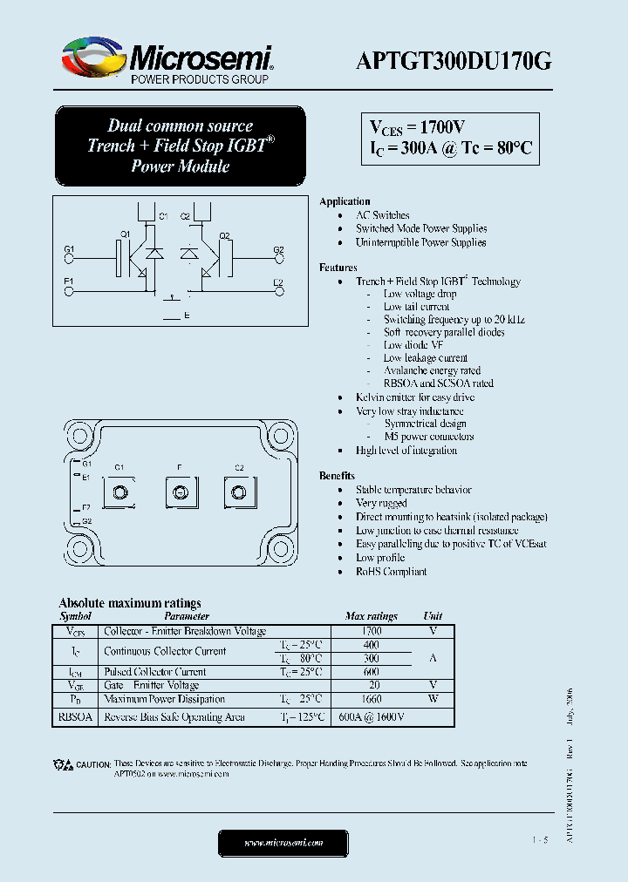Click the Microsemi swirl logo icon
89,59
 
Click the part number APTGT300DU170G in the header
454,60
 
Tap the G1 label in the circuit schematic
70,250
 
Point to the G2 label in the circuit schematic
278,250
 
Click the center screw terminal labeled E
179,493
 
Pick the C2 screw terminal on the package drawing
239,493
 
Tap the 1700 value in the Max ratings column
371,630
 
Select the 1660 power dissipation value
371,699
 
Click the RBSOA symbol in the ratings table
74,717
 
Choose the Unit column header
433,616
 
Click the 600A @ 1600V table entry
371,717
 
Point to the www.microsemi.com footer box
283,843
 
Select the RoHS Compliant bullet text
391,572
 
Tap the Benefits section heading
337,476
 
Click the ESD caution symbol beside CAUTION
63,764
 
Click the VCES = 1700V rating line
418,127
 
